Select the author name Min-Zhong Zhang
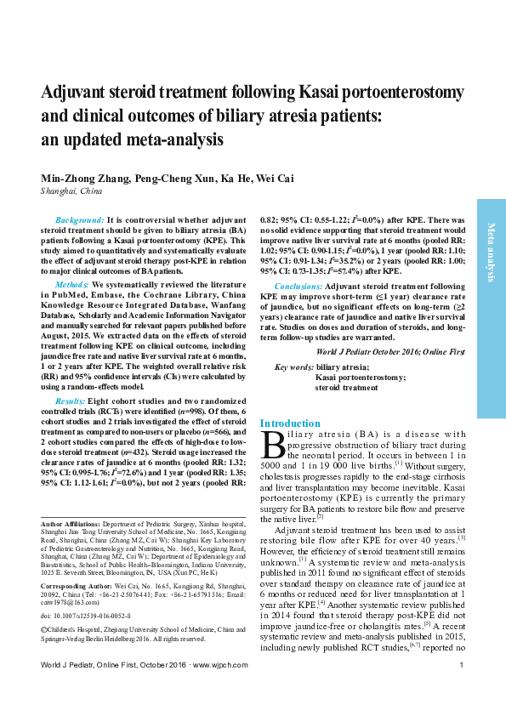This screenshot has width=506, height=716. coord(79,178)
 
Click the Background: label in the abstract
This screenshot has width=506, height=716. coord(79,219)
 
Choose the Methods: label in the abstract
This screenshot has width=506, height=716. coord(71,283)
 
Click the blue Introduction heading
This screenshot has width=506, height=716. coord(290,423)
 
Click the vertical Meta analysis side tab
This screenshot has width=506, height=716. coord(491,252)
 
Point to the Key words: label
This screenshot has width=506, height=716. coord(293,367)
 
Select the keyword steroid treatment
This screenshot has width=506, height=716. coord(346,387)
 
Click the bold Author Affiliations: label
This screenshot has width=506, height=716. coord(71,524)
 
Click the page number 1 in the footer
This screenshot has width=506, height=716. coord(460,688)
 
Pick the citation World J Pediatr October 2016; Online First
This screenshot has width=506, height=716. coord(390,350)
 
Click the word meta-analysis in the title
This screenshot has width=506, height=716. coord(177,139)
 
